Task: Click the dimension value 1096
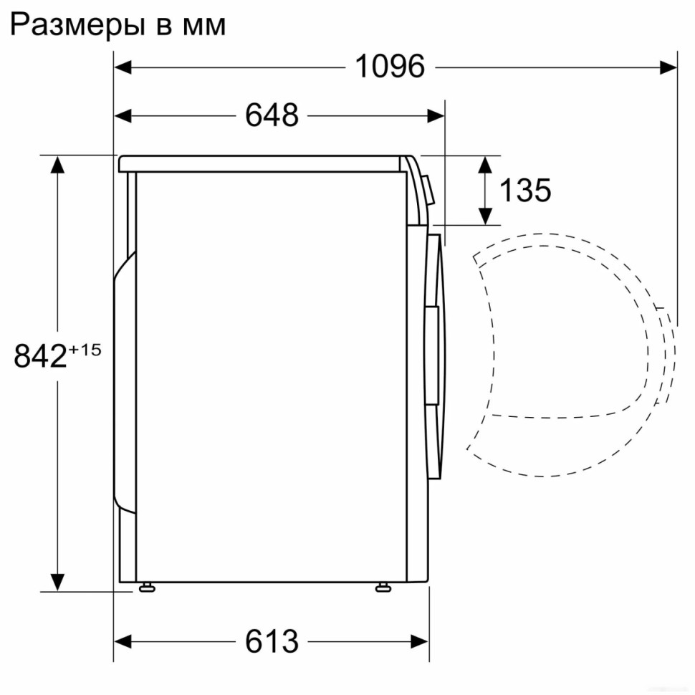(390, 67)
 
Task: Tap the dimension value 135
(525, 191)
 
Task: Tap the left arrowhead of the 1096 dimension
(124, 67)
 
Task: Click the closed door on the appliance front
(434, 355)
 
